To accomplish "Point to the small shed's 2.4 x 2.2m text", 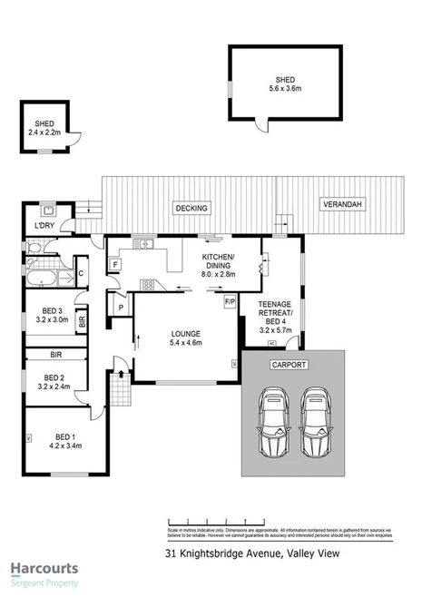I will (45, 132).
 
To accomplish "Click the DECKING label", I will (191, 208).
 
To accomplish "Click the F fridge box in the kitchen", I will (115, 265).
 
